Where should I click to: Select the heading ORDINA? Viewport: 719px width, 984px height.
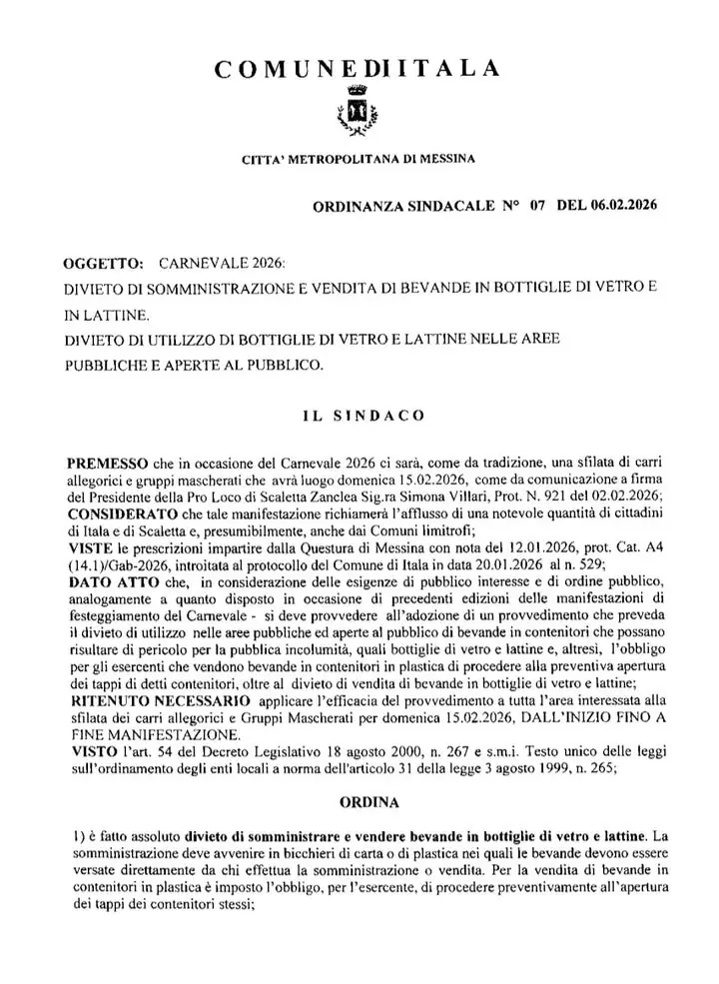coord(358,802)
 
